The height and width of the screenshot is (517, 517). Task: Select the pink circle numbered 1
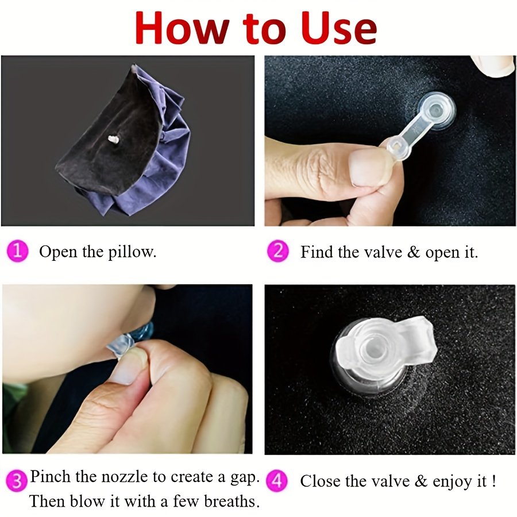point(17,251)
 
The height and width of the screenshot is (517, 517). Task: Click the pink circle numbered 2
point(277,251)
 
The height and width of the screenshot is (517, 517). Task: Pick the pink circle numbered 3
point(17,481)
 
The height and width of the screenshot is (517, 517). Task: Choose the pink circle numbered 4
point(276,480)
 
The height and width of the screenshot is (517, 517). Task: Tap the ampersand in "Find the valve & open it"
point(414,252)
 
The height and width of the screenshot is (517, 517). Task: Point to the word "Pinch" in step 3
point(51,477)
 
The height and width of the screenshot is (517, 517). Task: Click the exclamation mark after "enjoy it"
point(493,481)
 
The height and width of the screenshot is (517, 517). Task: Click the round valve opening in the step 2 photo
point(437,109)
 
